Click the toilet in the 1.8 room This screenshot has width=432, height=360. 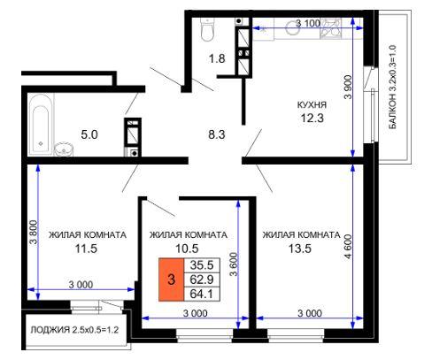(x=206, y=29)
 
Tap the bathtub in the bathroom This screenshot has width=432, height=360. (x=41, y=125)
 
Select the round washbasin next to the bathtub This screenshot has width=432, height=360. (x=64, y=149)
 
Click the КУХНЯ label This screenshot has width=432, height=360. (x=312, y=104)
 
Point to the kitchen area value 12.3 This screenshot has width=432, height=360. (x=312, y=118)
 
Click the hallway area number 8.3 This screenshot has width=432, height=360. (x=217, y=134)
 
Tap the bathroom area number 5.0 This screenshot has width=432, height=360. (x=89, y=135)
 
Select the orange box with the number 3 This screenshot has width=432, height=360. (x=171, y=280)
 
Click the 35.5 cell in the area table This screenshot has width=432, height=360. (x=202, y=265)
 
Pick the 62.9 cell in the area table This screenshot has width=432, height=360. (x=202, y=280)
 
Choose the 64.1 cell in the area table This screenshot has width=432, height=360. (x=202, y=294)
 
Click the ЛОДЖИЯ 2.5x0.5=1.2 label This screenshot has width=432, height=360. (x=74, y=330)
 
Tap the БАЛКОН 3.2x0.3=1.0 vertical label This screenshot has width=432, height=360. (x=392, y=87)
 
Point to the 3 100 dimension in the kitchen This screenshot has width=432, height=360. (x=308, y=23)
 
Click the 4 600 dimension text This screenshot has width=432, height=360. (x=349, y=247)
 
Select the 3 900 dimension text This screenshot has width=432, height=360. (x=349, y=87)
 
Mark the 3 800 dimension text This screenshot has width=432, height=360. (x=34, y=233)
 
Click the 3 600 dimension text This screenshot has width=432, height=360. (x=234, y=264)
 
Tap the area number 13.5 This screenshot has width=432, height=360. (x=299, y=249)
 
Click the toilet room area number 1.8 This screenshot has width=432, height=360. (x=217, y=58)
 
